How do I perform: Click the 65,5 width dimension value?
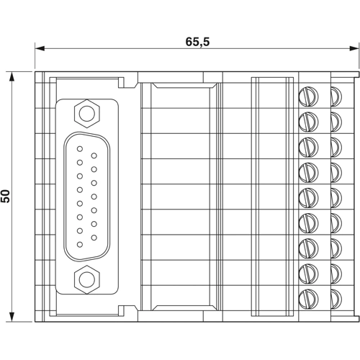tap(197, 42)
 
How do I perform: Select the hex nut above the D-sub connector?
tap(87, 112)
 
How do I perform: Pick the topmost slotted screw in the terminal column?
tap(308, 94)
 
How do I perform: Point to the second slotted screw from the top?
tap(308, 120)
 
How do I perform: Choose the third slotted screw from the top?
tap(308, 145)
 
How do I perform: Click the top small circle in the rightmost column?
tap(336, 94)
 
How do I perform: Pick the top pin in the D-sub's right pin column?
tap(94, 156)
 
